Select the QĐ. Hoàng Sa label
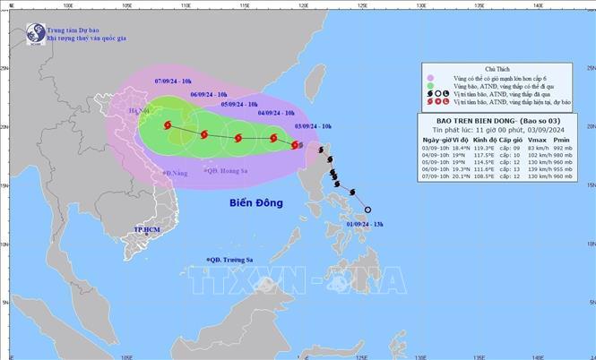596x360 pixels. [x=227, y=171]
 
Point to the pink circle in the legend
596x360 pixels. [x=432, y=78]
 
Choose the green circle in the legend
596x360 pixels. [x=432, y=88]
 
